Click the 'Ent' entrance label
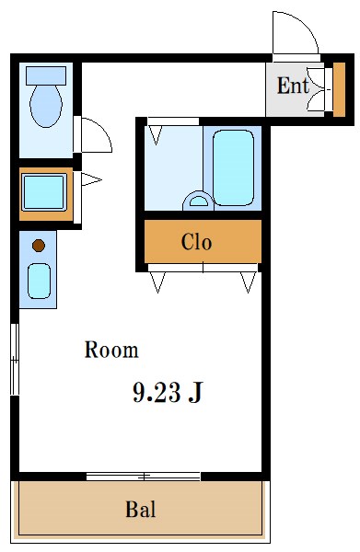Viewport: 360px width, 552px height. point(293,86)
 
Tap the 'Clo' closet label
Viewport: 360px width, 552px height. point(196,242)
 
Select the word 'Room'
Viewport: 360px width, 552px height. point(111,350)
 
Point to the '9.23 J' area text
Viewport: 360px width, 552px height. point(168,392)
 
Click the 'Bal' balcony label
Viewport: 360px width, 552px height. point(141,509)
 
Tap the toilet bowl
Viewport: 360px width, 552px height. point(46,105)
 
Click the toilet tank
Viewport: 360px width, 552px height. point(46,75)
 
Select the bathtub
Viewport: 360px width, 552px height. point(233,168)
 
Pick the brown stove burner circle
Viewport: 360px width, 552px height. point(39,246)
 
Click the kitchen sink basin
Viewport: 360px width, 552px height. point(39,281)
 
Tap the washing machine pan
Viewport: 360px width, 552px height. point(44,192)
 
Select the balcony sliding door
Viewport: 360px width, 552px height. point(144,477)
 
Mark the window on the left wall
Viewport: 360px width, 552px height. point(15,359)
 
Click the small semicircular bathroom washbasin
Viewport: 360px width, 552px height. point(198,201)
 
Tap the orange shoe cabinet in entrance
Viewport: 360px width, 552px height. point(339,89)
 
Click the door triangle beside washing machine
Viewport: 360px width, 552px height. point(91,179)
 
